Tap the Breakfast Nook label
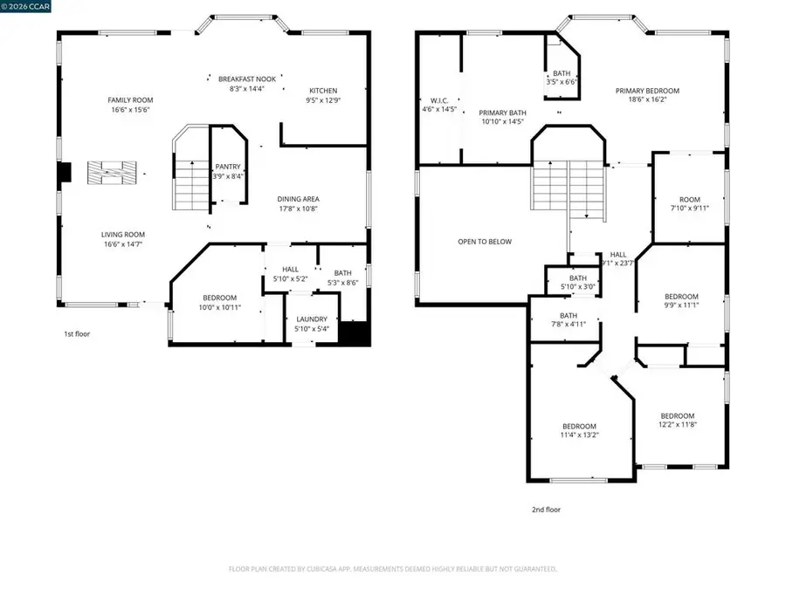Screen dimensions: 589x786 coord(246,79)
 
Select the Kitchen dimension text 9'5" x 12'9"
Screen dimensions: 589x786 coord(323,100)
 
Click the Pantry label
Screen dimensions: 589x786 coord(228,166)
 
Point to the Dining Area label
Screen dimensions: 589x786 coord(298,199)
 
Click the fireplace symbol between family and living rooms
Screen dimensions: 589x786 coord(111,172)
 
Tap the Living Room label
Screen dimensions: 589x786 coord(122,235)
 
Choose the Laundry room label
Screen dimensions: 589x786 coord(311,319)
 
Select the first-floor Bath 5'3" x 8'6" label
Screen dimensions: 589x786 coord(341,272)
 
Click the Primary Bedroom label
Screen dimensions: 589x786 coord(647,91)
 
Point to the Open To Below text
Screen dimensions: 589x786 coord(485,242)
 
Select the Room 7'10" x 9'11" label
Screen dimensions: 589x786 coord(690,199)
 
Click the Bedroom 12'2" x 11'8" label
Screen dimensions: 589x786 coord(677,415)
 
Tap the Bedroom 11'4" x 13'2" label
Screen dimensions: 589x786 coord(579,426)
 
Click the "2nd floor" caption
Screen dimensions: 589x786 coord(546,510)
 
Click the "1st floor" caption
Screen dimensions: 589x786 coord(76,333)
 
